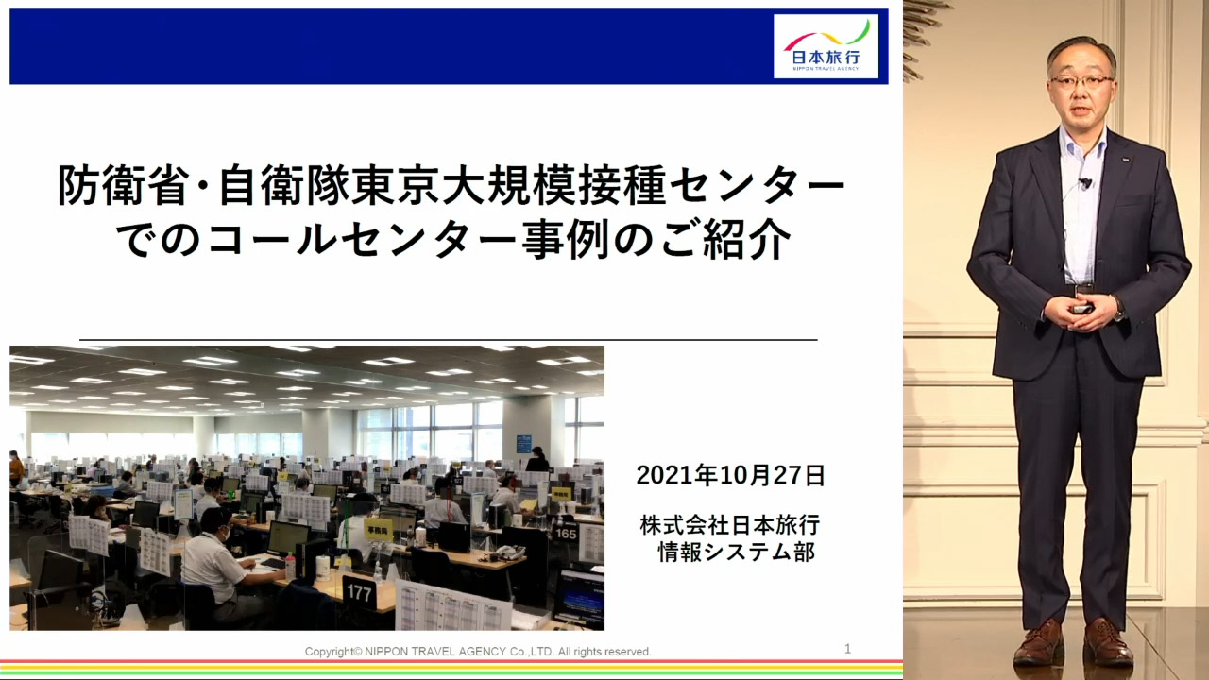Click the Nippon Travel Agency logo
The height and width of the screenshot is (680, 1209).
click(826, 46)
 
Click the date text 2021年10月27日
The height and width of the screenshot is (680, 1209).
click(731, 475)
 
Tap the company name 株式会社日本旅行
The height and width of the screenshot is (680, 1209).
click(730, 525)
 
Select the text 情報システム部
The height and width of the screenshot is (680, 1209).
click(736, 552)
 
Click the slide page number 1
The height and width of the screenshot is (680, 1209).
click(848, 649)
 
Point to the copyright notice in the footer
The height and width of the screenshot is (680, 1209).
click(478, 652)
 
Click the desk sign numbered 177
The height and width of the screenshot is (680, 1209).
click(360, 593)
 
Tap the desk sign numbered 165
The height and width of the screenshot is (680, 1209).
click(566, 534)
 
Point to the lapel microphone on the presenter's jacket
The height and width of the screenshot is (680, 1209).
click(1085, 183)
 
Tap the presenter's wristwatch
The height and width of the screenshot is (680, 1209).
click(1118, 310)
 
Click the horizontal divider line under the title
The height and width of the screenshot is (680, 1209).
click(449, 340)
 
